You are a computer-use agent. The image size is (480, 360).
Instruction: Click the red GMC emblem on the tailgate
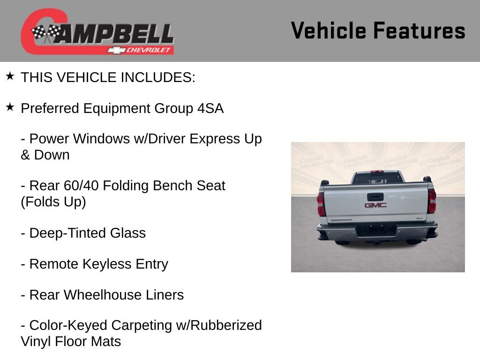(375, 205)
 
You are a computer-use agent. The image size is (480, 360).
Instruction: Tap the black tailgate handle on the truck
(375, 197)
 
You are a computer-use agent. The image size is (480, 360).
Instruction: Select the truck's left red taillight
(321, 204)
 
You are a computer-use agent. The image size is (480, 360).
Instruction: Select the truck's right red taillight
(432, 201)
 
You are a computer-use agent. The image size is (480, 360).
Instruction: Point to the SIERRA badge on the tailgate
(341, 220)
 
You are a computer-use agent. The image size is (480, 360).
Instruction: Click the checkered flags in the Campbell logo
(46, 33)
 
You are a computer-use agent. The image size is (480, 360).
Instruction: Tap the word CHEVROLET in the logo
(150, 50)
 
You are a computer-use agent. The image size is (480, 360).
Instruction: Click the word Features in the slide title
(419, 31)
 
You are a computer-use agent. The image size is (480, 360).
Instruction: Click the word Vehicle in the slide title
(329, 31)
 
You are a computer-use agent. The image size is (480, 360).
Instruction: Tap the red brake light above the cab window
(377, 172)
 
